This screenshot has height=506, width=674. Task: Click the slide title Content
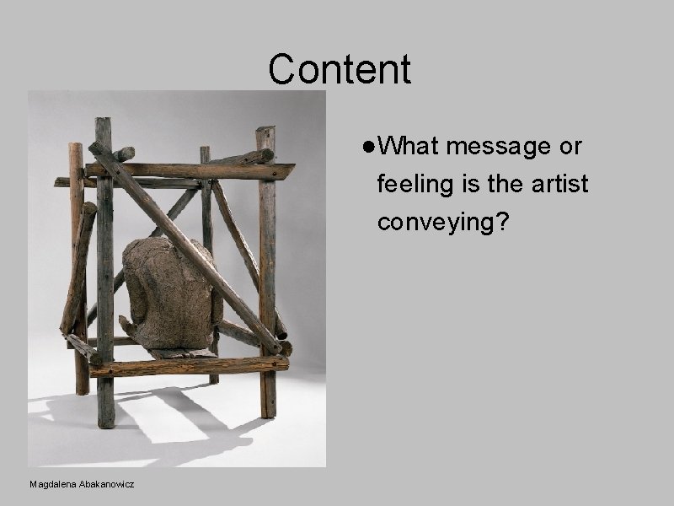pos(340,70)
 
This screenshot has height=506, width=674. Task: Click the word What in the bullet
pos(409,147)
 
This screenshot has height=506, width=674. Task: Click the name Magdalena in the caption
pos(53,484)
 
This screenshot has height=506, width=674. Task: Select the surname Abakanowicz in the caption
pos(107,484)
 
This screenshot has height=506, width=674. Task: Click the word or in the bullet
pos(570,147)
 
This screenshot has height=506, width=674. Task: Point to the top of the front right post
pos(265,132)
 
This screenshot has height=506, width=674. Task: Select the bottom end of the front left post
pos(105,422)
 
